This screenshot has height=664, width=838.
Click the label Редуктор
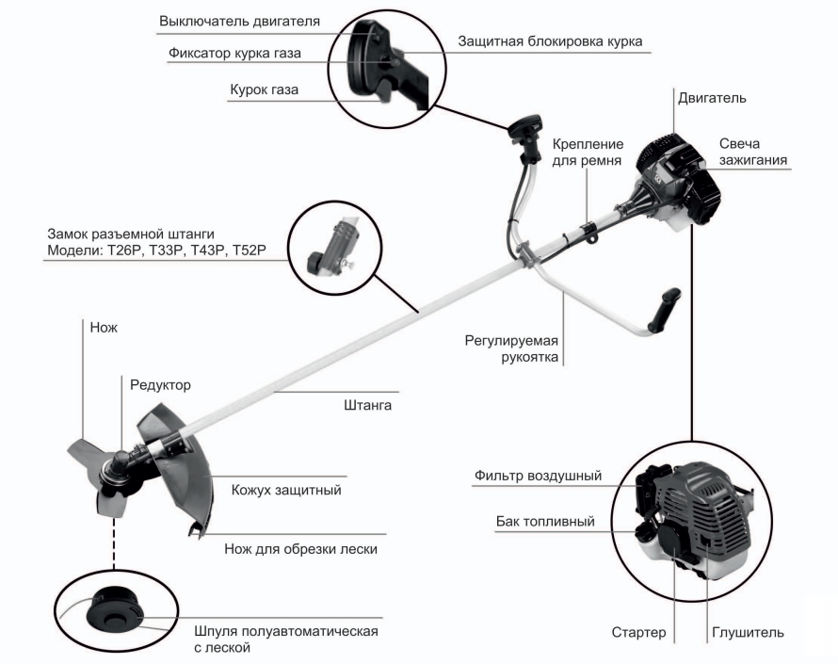(157, 385)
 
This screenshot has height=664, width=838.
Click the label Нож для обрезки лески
(300, 549)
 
